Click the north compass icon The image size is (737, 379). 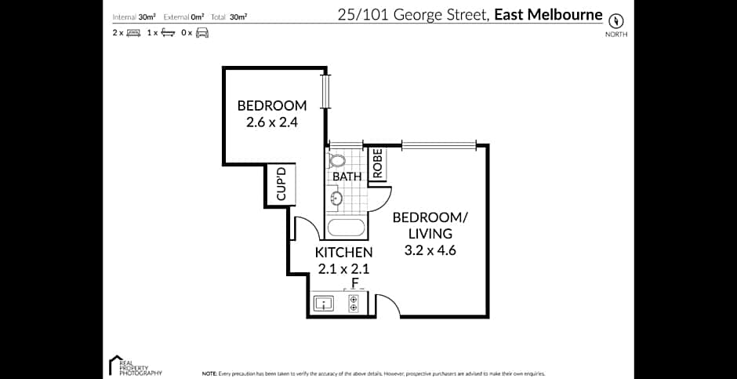pos(615,20)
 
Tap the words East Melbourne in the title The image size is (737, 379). pos(548,14)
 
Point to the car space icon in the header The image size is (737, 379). pos(201,33)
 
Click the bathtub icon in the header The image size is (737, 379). pos(167,33)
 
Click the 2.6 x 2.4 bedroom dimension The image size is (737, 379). pos(271,122)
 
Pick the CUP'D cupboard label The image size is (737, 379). pos(281,182)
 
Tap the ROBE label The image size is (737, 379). pos(377,164)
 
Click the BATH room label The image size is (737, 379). pos(347,177)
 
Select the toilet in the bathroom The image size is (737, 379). pos(338,161)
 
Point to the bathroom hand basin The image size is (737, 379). pos(336,199)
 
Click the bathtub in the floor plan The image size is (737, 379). pos(346,229)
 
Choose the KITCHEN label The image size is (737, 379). pos(343,253)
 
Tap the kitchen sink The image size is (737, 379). pos(323,302)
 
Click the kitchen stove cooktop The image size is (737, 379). pos(354,303)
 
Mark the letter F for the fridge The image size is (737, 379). pos(354,282)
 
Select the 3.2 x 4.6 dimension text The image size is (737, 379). pos(430,251)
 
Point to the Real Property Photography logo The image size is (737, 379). pos(135,366)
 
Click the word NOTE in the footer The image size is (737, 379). pos(209,374)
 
